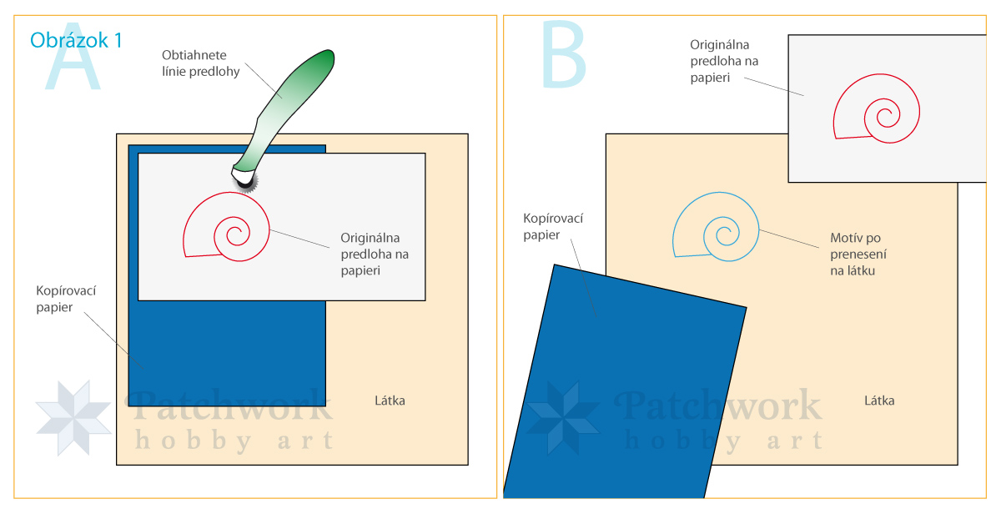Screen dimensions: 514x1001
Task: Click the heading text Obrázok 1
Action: tap(76, 39)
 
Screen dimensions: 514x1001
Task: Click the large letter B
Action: tap(563, 55)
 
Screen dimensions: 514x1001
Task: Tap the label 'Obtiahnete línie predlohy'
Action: tap(200, 63)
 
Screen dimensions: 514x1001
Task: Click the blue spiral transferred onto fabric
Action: tap(717, 228)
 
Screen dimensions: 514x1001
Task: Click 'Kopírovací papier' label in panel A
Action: tap(66, 299)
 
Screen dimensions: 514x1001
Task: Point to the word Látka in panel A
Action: tap(390, 401)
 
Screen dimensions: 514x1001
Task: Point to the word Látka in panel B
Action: tap(879, 401)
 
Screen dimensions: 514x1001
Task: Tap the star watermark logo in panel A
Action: tap(73, 417)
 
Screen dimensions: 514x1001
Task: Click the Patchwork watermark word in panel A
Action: tap(229, 406)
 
